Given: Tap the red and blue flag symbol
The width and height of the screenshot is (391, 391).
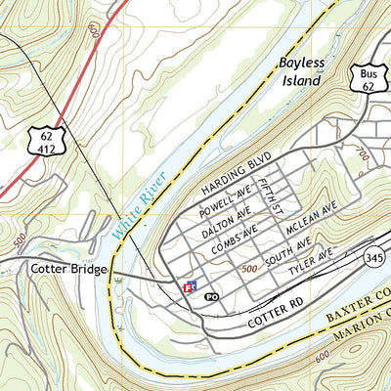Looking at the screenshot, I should [192, 287].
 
